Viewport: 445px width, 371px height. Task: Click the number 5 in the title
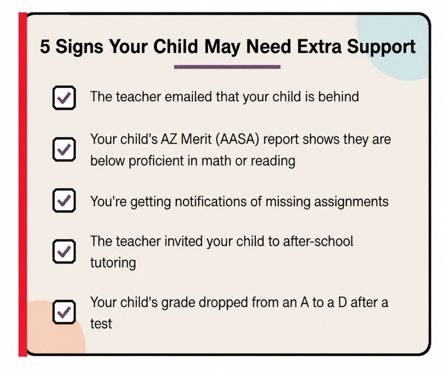[x=45, y=46]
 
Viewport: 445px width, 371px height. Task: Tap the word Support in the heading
[x=382, y=47]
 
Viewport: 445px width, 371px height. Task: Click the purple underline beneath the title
[x=227, y=67]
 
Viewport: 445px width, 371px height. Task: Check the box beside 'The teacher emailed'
[x=64, y=98]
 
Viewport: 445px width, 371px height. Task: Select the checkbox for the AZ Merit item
[x=64, y=149]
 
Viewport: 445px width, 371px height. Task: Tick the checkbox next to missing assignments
[x=64, y=201]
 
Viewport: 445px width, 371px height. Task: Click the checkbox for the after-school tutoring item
[x=64, y=252]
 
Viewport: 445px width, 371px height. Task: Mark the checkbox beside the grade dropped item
[x=64, y=312]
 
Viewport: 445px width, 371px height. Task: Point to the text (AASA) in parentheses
[x=237, y=139]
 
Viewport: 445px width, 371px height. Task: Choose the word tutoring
[x=113, y=263]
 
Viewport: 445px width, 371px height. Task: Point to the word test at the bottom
[x=101, y=324]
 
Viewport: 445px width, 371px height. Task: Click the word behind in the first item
[x=339, y=97]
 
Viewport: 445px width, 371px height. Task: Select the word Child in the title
[x=175, y=46]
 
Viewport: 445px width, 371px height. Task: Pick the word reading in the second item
[x=273, y=161]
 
